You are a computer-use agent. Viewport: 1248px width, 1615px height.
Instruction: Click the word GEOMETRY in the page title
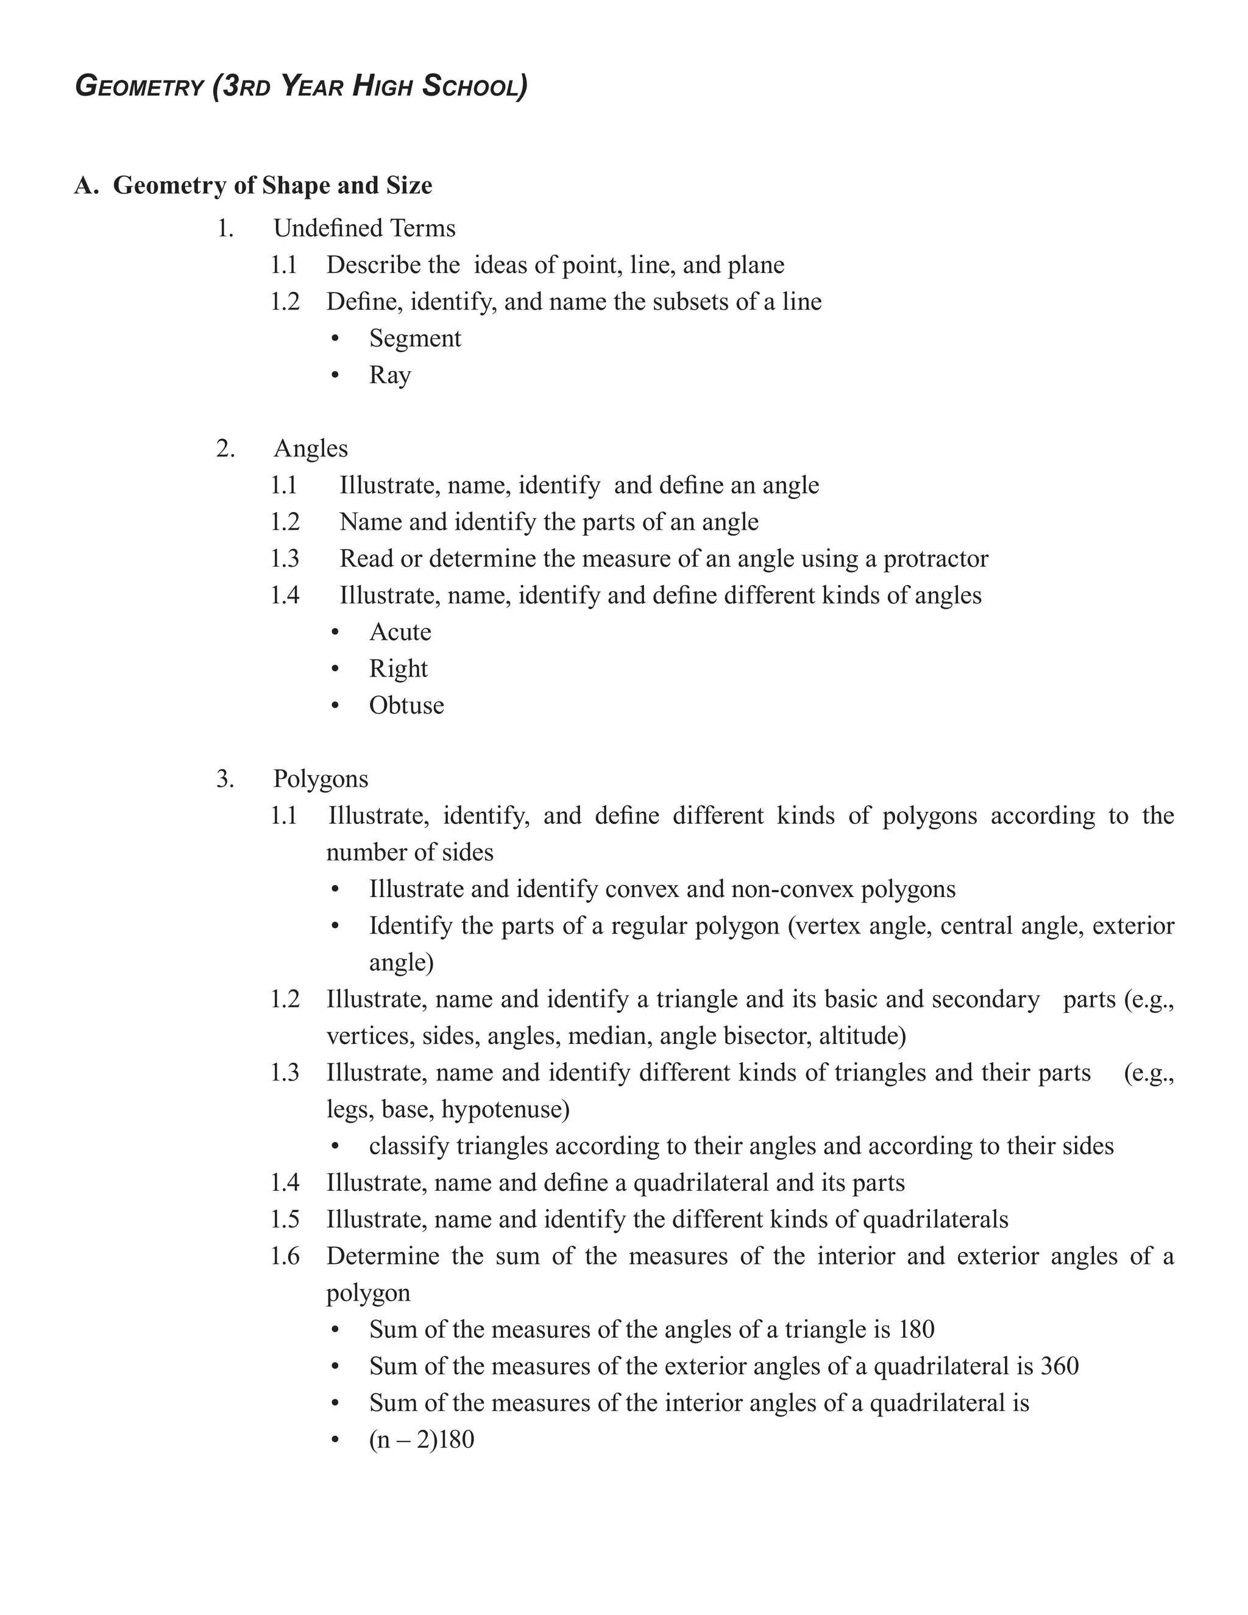[x=139, y=87]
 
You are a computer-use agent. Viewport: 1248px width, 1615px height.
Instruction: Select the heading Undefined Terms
[x=364, y=228]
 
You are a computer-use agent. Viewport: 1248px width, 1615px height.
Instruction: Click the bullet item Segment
[x=415, y=338]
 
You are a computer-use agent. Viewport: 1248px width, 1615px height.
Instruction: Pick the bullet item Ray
[x=389, y=375]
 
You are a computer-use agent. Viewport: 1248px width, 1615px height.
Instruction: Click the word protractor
[x=935, y=558]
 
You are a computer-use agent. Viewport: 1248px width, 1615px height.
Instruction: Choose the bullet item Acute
[x=400, y=631]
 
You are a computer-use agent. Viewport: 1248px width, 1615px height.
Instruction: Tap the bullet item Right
[x=399, y=669]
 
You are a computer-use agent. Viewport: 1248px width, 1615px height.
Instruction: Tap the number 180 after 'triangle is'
[x=916, y=1330]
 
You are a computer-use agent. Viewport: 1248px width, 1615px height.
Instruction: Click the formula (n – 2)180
[x=422, y=1439]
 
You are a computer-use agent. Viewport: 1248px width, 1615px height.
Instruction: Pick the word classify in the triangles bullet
[x=409, y=1146]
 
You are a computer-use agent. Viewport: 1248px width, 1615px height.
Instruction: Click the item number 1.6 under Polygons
[x=285, y=1257]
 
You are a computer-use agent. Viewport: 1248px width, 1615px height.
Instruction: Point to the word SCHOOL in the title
[x=475, y=87]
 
